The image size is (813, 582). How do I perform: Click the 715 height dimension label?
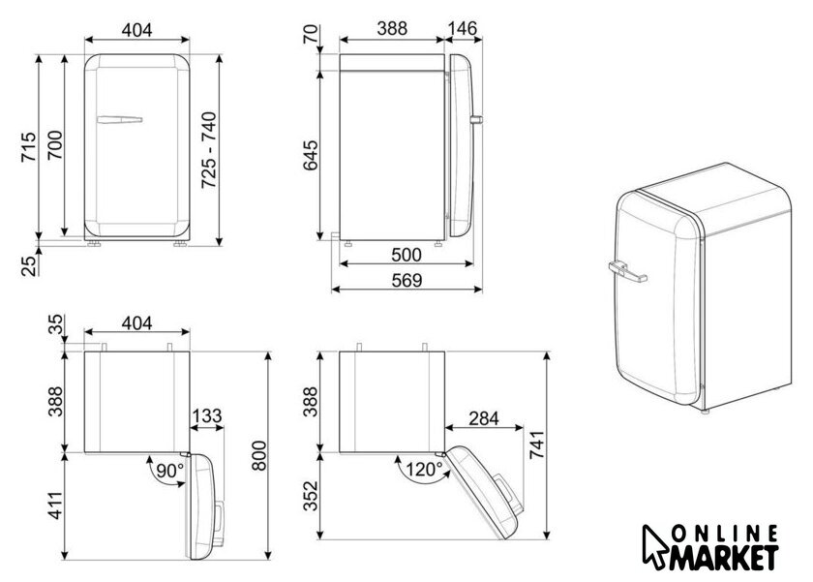pyautogui.click(x=29, y=147)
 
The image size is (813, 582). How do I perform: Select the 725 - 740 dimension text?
pyautogui.click(x=209, y=149)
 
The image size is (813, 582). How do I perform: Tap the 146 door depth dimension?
pyautogui.click(x=462, y=28)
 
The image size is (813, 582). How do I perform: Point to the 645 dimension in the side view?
pyautogui.click(x=311, y=155)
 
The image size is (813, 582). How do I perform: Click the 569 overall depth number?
pyautogui.click(x=406, y=280)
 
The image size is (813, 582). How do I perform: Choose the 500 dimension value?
pyautogui.click(x=406, y=255)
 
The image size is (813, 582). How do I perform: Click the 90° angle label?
pyautogui.click(x=169, y=471)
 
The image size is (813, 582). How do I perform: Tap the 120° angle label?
pyautogui.click(x=424, y=470)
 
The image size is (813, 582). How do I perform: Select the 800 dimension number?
pyautogui.click(x=258, y=456)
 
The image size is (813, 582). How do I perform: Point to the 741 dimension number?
pyautogui.click(x=537, y=444)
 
